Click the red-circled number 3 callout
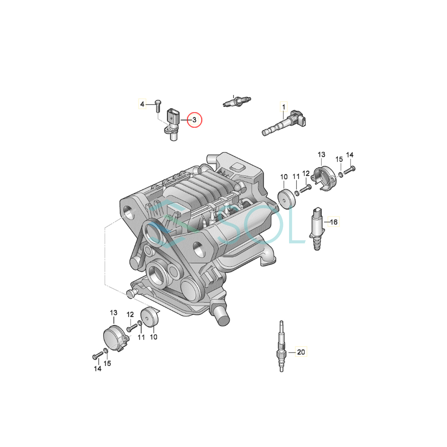[x=194, y=120]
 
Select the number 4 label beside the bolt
[x=142, y=104]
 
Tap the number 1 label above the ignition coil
[x=283, y=107]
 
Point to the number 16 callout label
[x=333, y=222]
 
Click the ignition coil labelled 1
[x=284, y=123]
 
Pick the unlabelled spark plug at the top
[x=237, y=102]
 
